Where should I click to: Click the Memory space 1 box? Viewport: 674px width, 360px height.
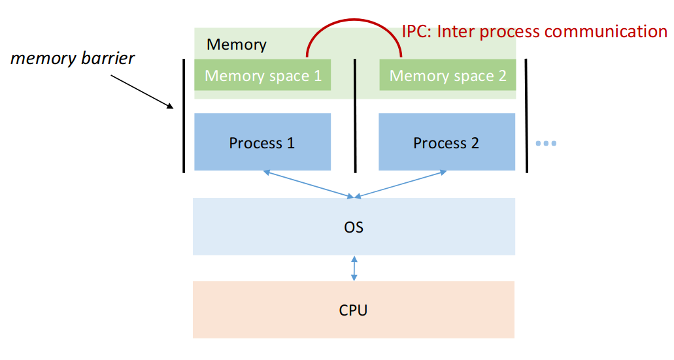pos(263,75)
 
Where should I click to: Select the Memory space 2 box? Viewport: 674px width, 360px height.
pos(448,75)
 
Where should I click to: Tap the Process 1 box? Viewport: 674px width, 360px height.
pos(262,142)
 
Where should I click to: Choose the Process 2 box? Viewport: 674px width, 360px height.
pos(447,142)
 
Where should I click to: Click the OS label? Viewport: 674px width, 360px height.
pos(354,227)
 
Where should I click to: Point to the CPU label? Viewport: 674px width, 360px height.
pos(353,310)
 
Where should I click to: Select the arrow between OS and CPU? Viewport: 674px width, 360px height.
pos(354,268)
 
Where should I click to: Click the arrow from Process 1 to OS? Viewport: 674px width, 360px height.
pos(307,184)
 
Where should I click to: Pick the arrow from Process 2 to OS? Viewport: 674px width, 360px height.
pos(400,184)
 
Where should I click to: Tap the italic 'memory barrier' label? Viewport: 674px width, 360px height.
pos(73,58)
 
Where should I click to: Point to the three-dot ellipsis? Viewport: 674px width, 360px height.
pos(545,143)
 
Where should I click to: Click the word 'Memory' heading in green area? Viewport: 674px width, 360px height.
pos(237,44)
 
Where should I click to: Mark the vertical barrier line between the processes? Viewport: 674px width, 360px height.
pos(355,115)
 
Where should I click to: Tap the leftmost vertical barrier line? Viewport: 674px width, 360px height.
pos(184,115)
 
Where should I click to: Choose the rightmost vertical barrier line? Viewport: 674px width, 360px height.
pos(526,115)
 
